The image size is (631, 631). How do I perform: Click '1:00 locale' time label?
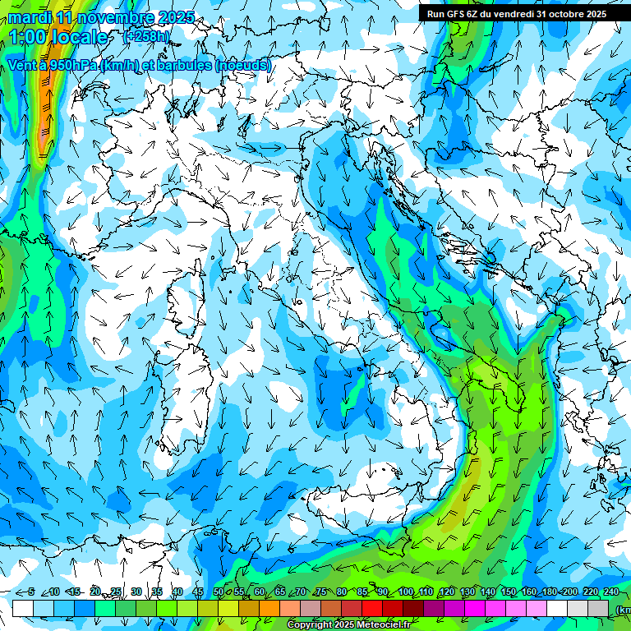point(58,37)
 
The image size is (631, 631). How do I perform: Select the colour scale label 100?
point(405,592)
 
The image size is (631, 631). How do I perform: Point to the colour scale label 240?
point(611,592)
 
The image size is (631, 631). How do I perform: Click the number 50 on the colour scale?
point(218,592)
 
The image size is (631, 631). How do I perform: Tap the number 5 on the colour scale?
point(30,592)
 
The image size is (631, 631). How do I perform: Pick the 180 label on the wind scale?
point(549,592)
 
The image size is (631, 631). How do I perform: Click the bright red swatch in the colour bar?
point(372,608)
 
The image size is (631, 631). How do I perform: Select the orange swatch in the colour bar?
point(249,608)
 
